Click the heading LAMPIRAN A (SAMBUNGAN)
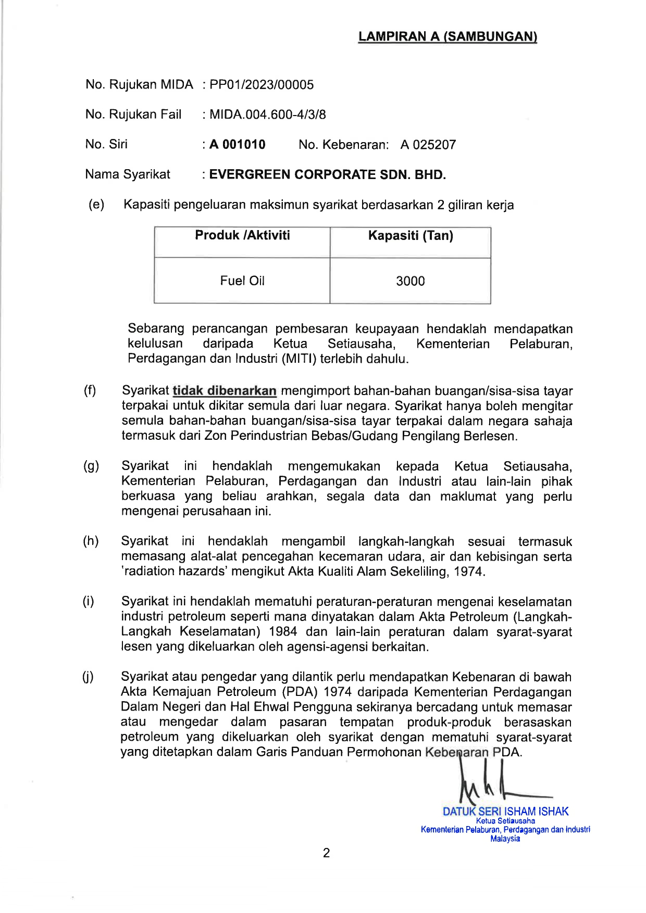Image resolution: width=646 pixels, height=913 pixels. click(x=448, y=36)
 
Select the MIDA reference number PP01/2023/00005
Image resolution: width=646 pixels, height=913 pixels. click(x=262, y=85)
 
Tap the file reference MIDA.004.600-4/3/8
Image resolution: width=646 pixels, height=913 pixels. click(x=267, y=115)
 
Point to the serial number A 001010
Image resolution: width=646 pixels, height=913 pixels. click(x=238, y=145)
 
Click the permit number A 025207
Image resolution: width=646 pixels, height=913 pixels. click(x=428, y=145)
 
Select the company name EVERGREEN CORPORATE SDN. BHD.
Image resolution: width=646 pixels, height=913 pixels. click(x=327, y=175)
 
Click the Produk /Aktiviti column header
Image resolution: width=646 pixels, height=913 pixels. click(x=242, y=235)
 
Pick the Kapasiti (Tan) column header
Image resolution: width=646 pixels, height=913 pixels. click(x=411, y=236)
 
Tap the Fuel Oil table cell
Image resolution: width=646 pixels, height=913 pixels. click(x=242, y=281)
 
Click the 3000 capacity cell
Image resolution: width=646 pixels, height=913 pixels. click(x=411, y=281)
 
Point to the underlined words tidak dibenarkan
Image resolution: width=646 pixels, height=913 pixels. click(x=225, y=391)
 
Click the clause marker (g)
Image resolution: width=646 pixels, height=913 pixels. click(x=91, y=466)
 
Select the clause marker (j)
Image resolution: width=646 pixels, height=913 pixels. click(x=88, y=677)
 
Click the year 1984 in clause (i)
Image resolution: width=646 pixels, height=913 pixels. click(x=283, y=632)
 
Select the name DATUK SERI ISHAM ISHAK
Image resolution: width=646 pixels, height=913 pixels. click(x=505, y=811)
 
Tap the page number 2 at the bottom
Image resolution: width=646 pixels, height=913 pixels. click(x=327, y=853)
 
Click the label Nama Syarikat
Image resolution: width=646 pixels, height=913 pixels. click(x=128, y=174)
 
